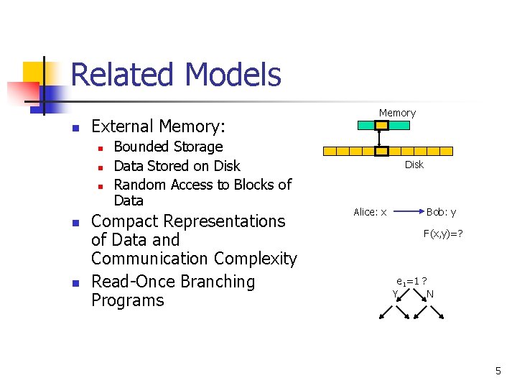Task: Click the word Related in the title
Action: [124, 75]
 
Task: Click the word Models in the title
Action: [233, 75]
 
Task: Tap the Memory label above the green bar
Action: [397, 113]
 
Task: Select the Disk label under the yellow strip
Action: [414, 165]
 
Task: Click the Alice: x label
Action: [370, 212]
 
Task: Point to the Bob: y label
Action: [441, 212]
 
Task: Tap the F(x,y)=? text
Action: [442, 234]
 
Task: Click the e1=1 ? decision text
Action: [412, 281]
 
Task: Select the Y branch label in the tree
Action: [395, 293]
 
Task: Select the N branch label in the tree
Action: [429, 293]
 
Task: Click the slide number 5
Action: [498, 371]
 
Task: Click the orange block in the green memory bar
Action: [382, 125]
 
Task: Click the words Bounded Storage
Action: [168, 147]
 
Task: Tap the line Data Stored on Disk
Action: [177, 166]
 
